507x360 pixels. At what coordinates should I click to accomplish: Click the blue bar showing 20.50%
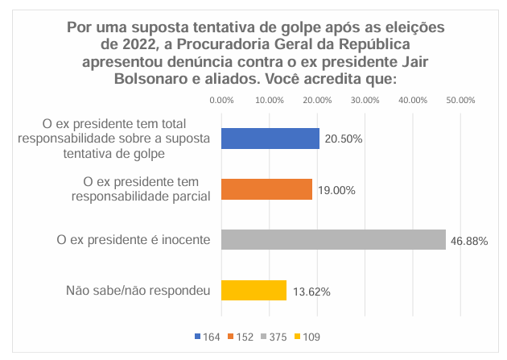(x=270, y=139)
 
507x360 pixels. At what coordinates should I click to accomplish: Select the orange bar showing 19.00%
(x=266, y=189)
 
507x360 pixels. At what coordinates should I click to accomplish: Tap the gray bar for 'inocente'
(x=332, y=239)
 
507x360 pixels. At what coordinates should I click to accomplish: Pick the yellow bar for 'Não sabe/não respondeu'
(x=253, y=290)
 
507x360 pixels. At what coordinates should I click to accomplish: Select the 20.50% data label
(x=344, y=139)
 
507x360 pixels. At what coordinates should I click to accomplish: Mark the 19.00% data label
(x=336, y=190)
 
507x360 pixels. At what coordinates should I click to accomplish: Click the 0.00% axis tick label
(x=221, y=101)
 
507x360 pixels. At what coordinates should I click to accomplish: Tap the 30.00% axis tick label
(x=365, y=101)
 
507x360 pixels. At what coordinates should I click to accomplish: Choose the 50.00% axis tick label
(x=461, y=101)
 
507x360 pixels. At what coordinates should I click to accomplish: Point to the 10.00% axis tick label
(x=269, y=101)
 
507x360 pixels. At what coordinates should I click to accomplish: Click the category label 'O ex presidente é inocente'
(x=134, y=240)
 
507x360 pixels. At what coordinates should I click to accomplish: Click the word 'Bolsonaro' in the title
(x=174, y=80)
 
